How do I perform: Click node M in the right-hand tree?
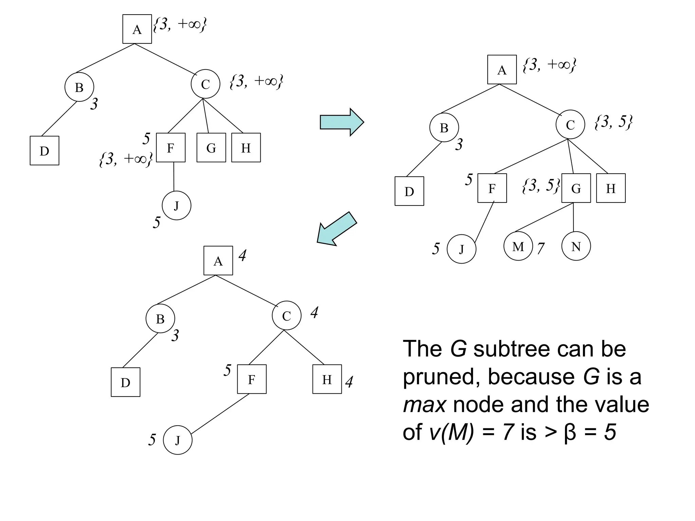(518, 246)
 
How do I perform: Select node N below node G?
(576, 246)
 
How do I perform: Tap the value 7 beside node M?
(541, 249)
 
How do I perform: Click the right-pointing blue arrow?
(341, 122)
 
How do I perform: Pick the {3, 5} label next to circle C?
(614, 122)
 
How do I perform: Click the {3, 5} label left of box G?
(541, 186)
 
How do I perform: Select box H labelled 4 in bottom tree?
(327, 379)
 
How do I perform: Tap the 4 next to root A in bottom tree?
(242, 256)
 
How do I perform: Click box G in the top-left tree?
(211, 148)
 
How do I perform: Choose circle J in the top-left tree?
(176, 206)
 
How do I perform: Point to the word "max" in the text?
(424, 405)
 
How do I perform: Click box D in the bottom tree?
(126, 382)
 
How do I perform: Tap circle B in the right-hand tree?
(444, 128)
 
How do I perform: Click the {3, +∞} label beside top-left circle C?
(256, 82)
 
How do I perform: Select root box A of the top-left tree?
(137, 29)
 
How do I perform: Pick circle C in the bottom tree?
(286, 315)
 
